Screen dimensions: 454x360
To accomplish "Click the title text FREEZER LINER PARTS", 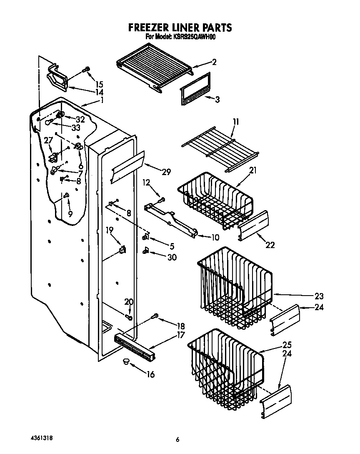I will click(180, 28).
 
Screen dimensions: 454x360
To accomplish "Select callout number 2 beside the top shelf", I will click(214, 62).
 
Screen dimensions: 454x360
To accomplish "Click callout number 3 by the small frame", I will click(217, 99).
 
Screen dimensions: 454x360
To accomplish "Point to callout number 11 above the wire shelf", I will click(236, 122).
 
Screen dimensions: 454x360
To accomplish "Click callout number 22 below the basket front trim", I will click(270, 245).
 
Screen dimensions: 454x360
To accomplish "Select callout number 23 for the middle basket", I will click(319, 296).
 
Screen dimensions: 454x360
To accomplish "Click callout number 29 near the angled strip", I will click(166, 171).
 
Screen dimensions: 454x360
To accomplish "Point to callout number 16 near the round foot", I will click(150, 374).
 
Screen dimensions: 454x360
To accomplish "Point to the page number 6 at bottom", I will click(177, 439).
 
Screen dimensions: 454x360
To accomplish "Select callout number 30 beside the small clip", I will click(172, 257).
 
